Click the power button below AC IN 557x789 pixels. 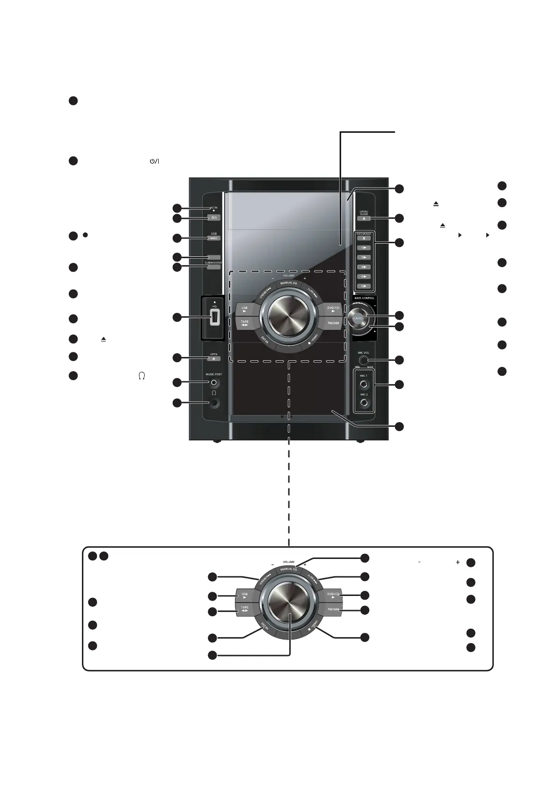(213, 218)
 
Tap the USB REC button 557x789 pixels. (213, 238)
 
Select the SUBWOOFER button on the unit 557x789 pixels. (213, 267)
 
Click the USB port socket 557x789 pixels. (213, 318)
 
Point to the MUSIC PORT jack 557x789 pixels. (214, 382)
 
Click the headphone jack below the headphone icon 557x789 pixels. (214, 402)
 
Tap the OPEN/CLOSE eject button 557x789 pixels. (364, 219)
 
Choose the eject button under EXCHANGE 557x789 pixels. (364, 238)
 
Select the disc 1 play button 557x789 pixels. (364, 248)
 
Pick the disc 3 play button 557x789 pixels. (364, 267)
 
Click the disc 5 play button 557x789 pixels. (364, 286)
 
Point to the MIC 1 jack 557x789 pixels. (364, 384)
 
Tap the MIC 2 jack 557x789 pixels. (364, 402)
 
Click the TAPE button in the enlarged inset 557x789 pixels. (245, 610)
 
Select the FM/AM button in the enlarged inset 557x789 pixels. (333, 610)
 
